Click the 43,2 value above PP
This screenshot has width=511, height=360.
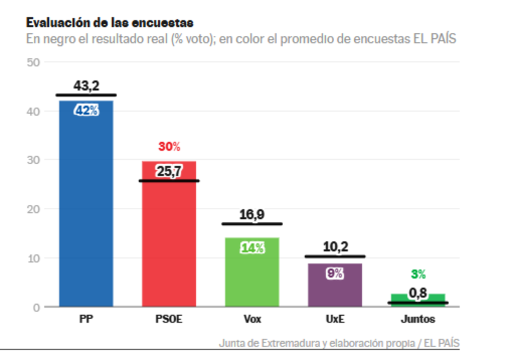click(86, 86)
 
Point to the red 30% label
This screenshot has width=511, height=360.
click(169, 147)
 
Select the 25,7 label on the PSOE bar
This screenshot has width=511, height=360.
click(169, 171)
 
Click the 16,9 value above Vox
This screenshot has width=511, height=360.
click(252, 214)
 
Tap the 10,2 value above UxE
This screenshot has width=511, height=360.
click(335, 247)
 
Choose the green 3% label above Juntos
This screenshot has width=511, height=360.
click(418, 274)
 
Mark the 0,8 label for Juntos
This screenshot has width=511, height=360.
click(418, 293)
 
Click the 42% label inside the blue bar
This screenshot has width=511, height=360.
click(86, 111)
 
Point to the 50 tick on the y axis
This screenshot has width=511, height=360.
click(33, 63)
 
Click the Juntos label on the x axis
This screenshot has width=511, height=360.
click(418, 319)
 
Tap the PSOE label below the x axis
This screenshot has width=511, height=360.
click(169, 319)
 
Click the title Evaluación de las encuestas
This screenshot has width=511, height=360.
click(110, 22)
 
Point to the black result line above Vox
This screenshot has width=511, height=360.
click(252, 224)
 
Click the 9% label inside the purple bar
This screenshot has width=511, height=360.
click(335, 274)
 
